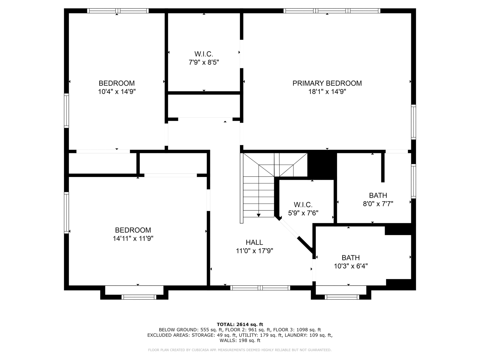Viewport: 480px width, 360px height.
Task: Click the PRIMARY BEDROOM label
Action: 327,83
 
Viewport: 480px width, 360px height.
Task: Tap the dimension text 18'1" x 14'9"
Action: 327,92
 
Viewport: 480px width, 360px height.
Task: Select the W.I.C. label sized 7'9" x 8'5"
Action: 204,54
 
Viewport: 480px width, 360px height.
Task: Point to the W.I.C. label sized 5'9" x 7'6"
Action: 303,205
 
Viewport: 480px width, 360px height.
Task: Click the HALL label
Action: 254,242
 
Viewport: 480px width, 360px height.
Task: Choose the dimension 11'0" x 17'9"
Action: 254,251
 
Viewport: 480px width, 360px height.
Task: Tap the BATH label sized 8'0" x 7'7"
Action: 378,195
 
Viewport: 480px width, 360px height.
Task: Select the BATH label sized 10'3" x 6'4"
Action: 351,258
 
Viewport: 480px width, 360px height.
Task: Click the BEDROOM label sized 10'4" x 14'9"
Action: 117,83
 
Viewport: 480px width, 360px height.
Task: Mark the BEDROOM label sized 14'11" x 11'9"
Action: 133,230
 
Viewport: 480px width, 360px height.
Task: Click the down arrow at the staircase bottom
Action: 259,215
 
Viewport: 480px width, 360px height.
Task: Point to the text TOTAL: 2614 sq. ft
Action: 240,324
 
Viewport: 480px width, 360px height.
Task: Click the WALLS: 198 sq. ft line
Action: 240,340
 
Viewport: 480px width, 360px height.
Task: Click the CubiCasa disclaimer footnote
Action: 240,350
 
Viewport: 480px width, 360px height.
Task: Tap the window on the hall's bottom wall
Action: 260,288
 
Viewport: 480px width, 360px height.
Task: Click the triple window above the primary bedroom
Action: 332,11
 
